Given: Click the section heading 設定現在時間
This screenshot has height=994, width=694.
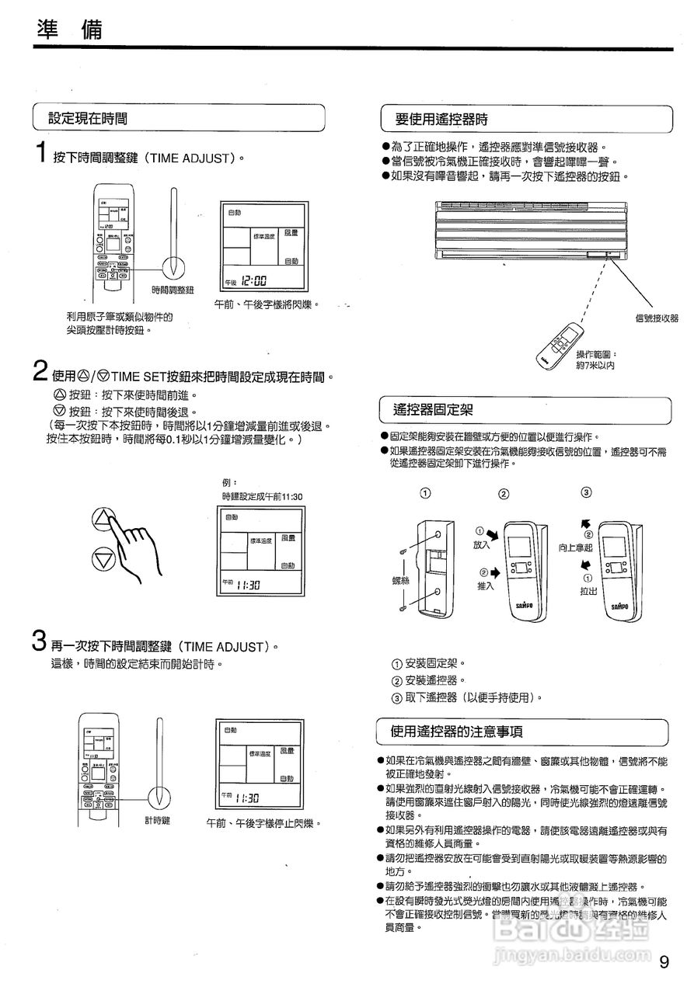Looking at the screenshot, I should (x=88, y=118).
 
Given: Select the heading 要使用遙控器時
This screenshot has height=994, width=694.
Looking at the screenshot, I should (x=441, y=120).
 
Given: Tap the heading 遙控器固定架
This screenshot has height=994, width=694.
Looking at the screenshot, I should (x=434, y=409).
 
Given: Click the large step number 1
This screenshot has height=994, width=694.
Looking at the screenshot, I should (x=41, y=153).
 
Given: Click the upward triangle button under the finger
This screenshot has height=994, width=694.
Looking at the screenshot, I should (x=105, y=518).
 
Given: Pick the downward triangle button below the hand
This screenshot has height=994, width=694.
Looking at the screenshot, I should (x=105, y=558).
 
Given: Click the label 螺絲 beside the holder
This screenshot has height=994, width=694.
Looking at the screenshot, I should (x=401, y=579).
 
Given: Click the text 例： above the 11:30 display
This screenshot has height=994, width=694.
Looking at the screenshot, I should (x=230, y=482).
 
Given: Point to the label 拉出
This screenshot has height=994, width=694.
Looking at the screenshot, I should (x=588, y=591).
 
